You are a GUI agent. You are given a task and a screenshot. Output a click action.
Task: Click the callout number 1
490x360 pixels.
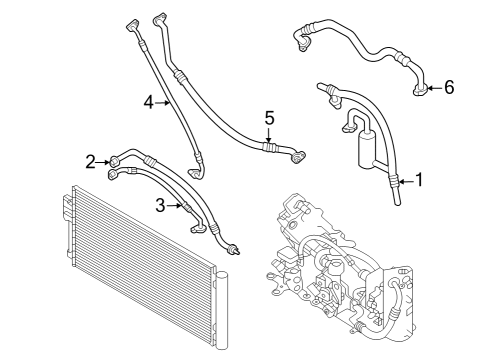pyautogui.click(x=420, y=180)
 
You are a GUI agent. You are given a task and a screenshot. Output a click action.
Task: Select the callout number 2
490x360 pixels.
pyautogui.click(x=90, y=161)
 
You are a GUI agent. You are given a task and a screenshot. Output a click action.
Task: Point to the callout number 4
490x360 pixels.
pyautogui.click(x=148, y=101)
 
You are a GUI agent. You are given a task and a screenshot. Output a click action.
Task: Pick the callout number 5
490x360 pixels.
pyautogui.click(x=269, y=118)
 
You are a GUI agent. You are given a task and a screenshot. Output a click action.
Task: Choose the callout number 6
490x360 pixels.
pyautogui.click(x=449, y=88)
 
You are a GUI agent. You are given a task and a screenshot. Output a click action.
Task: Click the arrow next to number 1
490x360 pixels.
pyautogui.click(x=405, y=180)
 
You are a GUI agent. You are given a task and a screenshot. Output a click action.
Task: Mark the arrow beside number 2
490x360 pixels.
pyautogui.click(x=104, y=161)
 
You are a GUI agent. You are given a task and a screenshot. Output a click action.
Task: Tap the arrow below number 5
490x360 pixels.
pyautogui.click(x=269, y=135)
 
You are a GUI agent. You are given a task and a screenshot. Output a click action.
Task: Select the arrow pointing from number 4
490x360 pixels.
pyautogui.click(x=164, y=101)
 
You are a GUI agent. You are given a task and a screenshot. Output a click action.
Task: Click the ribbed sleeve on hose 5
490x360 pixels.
pyautogui.click(x=269, y=147)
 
